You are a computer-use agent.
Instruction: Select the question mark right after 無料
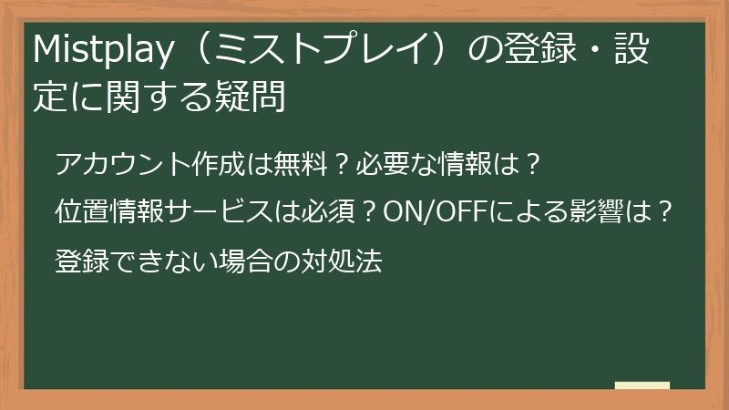click(x=339, y=165)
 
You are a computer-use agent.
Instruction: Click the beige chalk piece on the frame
click(x=642, y=385)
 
